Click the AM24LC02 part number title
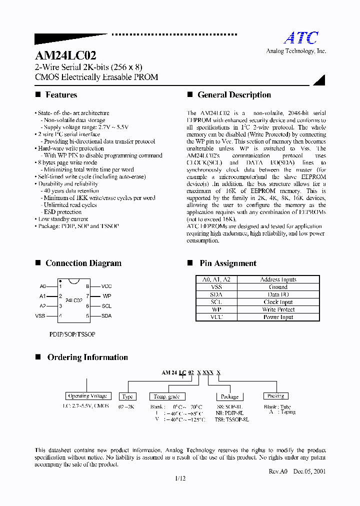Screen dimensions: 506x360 pyautogui.click(x=65, y=55)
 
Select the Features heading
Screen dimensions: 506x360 pyautogui.click(x=61, y=95)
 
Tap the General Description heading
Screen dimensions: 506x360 pyautogui.click(x=234, y=95)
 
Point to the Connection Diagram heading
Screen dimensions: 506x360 pyautogui.click(x=83, y=263)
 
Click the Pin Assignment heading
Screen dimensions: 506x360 pyautogui.click(x=227, y=263)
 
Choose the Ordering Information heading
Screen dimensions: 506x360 pyautogui.click(x=87, y=357)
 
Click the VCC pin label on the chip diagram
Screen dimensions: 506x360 pyautogui.click(x=106, y=286)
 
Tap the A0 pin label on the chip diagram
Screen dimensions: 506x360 pyautogui.click(x=42, y=286)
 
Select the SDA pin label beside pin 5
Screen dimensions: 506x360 pyautogui.click(x=106, y=316)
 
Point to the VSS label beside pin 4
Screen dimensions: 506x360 pyautogui.click(x=40, y=316)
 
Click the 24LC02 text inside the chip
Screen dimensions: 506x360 pyautogui.click(x=74, y=301)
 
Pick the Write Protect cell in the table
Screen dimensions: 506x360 pyautogui.click(x=278, y=309)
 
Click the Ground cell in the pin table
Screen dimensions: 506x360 pyautogui.click(x=278, y=287)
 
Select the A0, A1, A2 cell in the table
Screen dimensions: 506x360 pyautogui.click(x=216, y=279)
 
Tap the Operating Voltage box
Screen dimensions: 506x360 pyautogui.click(x=87, y=396)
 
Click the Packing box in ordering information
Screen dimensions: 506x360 pyautogui.click(x=275, y=396)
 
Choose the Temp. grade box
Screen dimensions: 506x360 pyautogui.click(x=166, y=396)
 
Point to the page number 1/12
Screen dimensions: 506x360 pyautogui.click(x=180, y=478)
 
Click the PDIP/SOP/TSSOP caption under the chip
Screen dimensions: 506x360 pyautogui.click(x=72, y=333)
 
